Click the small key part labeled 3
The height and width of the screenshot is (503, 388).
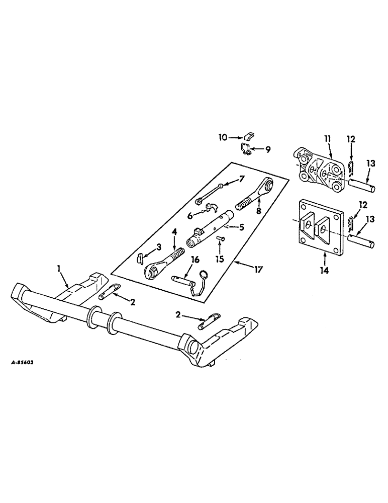140,259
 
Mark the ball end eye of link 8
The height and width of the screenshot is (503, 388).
267,185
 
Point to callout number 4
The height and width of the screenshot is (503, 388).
175,233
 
